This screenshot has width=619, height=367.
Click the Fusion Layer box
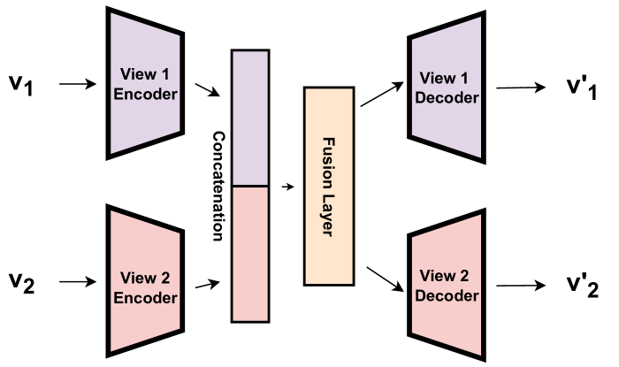[x=329, y=186]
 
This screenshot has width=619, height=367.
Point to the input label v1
[x=19, y=86]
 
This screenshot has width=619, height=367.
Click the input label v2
[x=19, y=284]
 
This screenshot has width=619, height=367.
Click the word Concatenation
[x=218, y=186]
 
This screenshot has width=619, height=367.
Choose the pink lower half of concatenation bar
[x=249, y=253]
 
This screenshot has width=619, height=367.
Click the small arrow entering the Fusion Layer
[x=287, y=187]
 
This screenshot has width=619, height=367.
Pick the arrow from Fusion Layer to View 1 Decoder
[x=378, y=95]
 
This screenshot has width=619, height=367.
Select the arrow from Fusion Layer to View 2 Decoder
[x=378, y=279]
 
